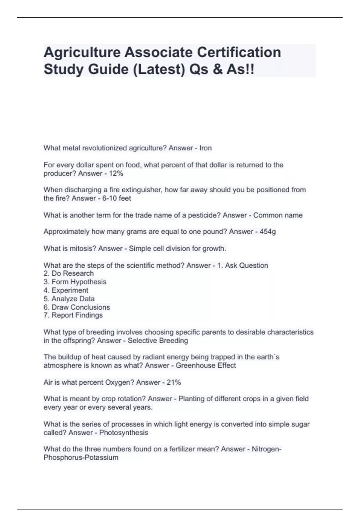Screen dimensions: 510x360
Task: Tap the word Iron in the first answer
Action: coord(205,148)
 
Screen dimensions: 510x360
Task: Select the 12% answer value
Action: coord(116,173)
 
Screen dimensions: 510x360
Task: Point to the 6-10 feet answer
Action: coord(116,198)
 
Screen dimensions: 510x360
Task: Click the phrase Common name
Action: coord(278,215)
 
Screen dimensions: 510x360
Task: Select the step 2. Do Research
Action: coord(69,273)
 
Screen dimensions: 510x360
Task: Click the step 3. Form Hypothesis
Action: coord(75,282)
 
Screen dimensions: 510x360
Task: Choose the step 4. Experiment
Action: coord(66,290)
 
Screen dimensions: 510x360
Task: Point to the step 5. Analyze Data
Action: coord(69,298)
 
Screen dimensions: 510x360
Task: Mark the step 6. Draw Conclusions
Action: coord(77,307)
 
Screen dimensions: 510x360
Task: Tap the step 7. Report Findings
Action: coord(73,315)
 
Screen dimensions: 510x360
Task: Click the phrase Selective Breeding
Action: coord(158,340)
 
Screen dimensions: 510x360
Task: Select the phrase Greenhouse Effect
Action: coord(206,365)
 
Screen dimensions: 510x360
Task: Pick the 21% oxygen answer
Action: coord(174,382)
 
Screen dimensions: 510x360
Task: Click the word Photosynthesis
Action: coord(124,433)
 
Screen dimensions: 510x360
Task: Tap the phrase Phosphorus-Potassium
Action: coord(81,457)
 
